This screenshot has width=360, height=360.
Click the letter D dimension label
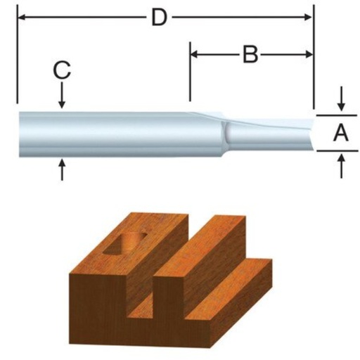[x=160, y=18]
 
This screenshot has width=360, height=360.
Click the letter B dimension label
[x=250, y=55]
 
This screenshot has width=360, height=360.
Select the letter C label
[x=62, y=70]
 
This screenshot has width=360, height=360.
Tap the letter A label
[x=340, y=131]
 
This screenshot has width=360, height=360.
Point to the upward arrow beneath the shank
[x=62, y=169]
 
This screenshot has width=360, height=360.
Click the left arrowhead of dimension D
[x=20, y=16]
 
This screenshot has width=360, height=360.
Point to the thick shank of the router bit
[x=105, y=131]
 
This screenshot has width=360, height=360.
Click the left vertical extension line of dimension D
[x=16, y=56]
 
